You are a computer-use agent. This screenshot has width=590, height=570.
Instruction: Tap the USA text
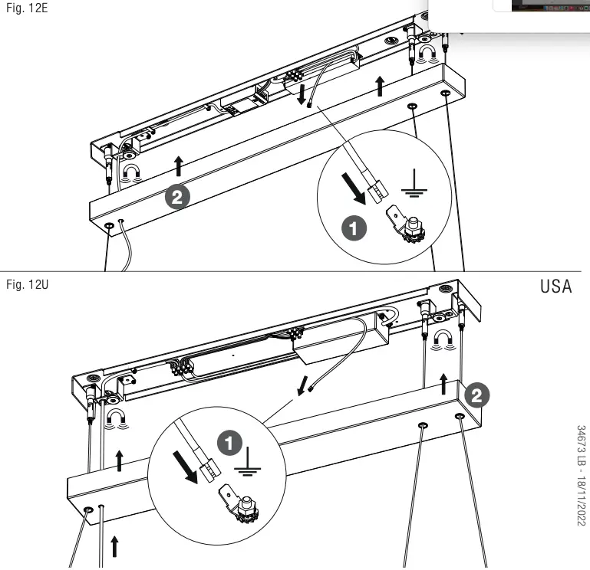(556, 287)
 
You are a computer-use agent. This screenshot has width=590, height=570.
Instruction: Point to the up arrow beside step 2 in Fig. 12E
(178, 165)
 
